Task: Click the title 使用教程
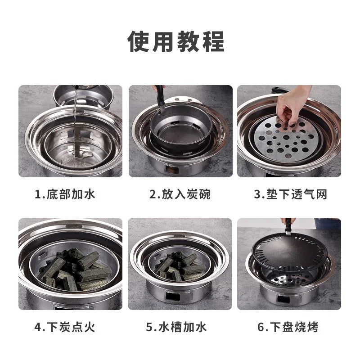[x=176, y=42]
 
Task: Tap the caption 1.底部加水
[x=66, y=194]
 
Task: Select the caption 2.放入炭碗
[x=180, y=194]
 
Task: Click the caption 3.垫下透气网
[x=290, y=194]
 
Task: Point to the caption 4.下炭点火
[x=66, y=327]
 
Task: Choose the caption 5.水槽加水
[x=177, y=327]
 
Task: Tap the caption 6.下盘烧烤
[x=288, y=327]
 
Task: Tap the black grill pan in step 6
[x=288, y=252]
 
